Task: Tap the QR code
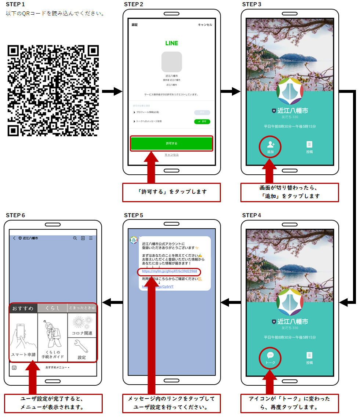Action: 53,90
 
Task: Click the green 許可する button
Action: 171,143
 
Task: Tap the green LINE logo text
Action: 171,43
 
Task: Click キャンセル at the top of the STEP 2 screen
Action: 205,25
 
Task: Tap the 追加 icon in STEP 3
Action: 270,146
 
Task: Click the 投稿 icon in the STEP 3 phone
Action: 309,146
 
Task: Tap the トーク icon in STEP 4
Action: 270,357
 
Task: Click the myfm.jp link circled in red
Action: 170,272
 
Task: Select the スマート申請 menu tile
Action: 23,338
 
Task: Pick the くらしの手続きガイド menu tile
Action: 53,338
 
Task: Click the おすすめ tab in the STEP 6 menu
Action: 23,308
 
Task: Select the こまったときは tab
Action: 82,308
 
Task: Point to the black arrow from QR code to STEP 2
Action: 112,91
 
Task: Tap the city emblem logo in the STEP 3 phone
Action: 290,91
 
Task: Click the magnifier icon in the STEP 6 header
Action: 75,238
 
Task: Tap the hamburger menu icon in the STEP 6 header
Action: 91,238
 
